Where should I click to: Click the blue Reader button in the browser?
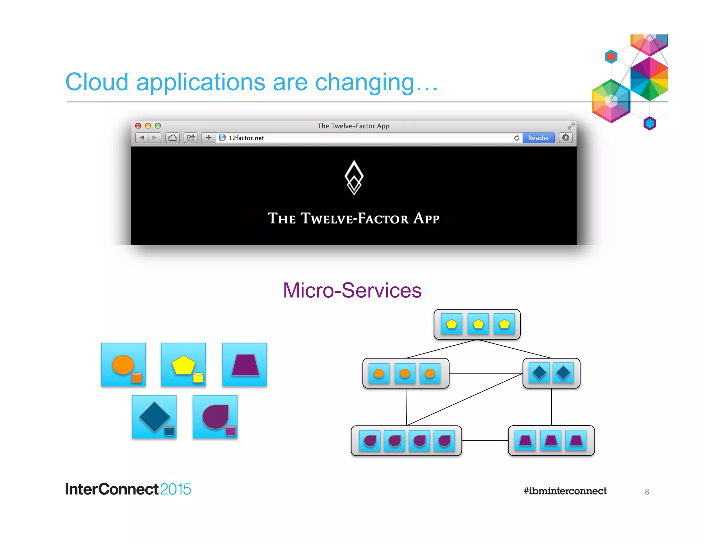(538, 138)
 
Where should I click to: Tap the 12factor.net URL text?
(246, 138)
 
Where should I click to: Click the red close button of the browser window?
(138, 126)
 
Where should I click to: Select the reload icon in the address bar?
(517, 138)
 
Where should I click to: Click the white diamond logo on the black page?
(354, 177)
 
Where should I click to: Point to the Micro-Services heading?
(352, 290)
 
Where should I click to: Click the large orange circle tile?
(123, 365)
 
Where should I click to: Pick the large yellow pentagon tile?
(183, 365)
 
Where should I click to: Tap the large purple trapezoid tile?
(244, 365)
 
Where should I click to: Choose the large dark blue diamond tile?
(154, 417)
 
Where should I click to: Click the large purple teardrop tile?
(215, 417)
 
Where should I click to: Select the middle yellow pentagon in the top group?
(478, 324)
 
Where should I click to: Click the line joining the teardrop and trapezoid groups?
(485, 441)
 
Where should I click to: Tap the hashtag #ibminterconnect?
(565, 491)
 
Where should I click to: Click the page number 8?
(647, 492)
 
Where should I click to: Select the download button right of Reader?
(566, 138)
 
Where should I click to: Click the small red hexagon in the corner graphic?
(611, 57)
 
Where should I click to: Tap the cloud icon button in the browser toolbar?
(172, 138)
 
